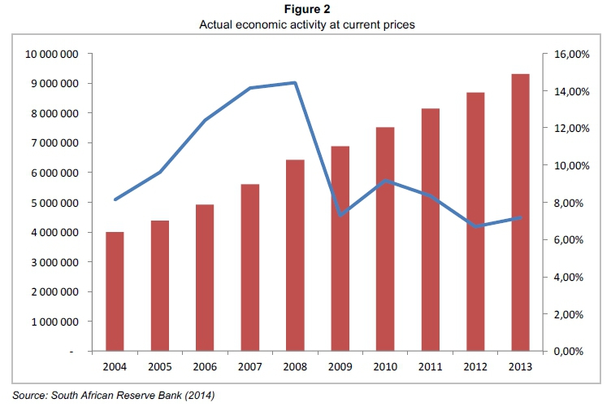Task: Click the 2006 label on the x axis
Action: (205, 366)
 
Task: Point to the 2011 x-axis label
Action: (430, 366)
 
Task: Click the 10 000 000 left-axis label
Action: (52, 55)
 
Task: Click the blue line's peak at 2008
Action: (295, 82)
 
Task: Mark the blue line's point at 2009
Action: (340, 215)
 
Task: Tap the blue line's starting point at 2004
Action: (115, 199)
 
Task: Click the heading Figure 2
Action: (305, 10)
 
